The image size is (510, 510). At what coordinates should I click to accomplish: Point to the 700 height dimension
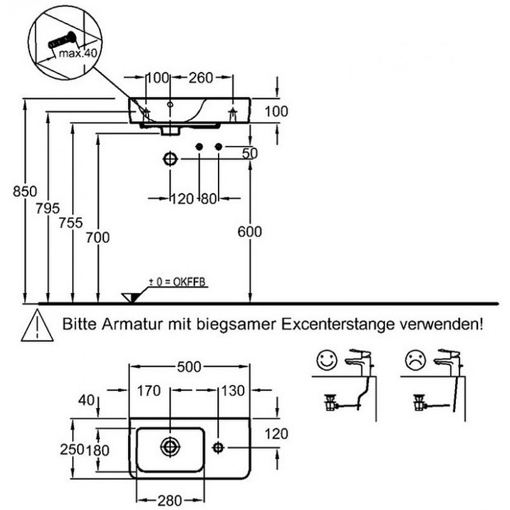(98, 237)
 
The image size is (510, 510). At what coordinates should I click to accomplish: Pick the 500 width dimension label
(189, 367)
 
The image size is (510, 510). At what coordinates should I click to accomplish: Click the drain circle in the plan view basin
(170, 447)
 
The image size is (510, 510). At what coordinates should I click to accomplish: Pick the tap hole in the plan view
(219, 447)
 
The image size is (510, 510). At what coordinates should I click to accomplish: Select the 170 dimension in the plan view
(148, 391)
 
